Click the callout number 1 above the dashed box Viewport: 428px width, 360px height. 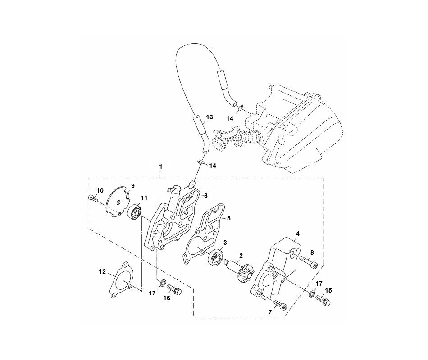click(x=161, y=166)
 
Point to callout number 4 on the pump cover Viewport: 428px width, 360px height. click(x=297, y=234)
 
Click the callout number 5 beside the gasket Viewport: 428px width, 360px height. click(x=229, y=218)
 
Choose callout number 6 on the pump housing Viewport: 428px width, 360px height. click(x=205, y=196)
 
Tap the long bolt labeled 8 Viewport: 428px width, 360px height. click(x=309, y=261)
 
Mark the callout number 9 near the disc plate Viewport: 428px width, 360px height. click(x=133, y=186)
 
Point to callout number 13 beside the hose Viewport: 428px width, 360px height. click(x=209, y=117)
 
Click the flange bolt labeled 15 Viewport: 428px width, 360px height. click(x=323, y=301)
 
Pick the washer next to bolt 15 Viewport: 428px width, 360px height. click(x=311, y=294)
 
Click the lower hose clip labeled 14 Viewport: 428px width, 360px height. click(x=201, y=162)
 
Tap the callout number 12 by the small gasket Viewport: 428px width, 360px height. click(x=102, y=272)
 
